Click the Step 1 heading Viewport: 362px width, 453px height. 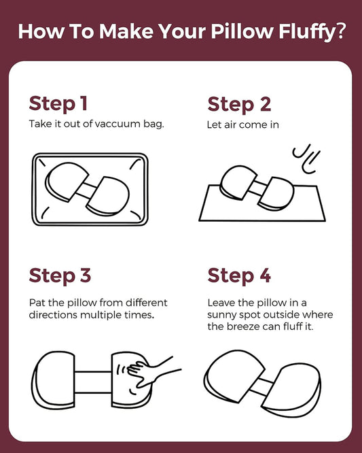(58, 104)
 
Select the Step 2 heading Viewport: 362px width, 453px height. (239, 105)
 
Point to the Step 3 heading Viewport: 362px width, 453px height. (60, 275)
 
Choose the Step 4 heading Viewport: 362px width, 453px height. (239, 275)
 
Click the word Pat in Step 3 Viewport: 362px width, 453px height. (37, 303)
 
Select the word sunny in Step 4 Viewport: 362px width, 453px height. (221, 315)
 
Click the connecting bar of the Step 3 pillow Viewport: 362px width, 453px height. (93, 382)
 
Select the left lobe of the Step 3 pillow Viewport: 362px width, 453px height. (54, 380)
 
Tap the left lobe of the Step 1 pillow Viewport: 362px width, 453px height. (67, 182)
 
